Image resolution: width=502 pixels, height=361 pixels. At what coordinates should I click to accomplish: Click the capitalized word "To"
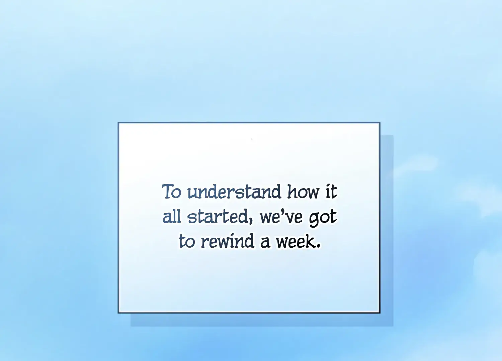coord(171,192)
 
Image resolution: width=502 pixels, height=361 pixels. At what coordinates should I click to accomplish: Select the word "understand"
coord(234,192)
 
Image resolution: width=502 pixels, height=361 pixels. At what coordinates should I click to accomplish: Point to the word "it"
coord(331,192)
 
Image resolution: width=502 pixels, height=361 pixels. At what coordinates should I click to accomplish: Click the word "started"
coord(218,217)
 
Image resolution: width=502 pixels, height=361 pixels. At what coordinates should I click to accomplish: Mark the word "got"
coord(323,218)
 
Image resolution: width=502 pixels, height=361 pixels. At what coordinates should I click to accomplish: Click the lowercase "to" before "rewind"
coord(187,241)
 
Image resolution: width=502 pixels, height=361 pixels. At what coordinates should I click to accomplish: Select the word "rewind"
coord(228,241)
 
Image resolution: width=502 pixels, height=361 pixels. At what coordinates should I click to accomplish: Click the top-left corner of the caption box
coord(118,122)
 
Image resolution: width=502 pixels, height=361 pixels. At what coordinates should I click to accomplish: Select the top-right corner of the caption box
coord(380,122)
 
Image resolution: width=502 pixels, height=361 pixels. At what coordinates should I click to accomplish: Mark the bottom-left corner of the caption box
coord(118,313)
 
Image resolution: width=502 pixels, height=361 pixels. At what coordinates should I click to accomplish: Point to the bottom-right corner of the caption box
coord(380,313)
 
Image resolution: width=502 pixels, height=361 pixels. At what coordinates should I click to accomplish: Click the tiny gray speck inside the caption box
coord(252,139)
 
